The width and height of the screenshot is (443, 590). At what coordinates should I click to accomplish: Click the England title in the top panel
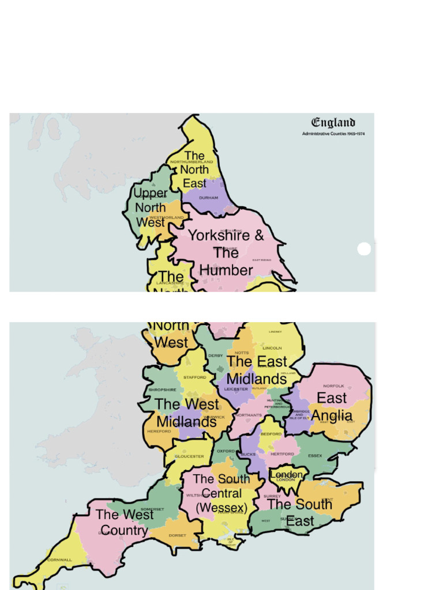[333, 123]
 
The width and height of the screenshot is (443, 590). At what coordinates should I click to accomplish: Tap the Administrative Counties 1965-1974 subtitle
[333, 134]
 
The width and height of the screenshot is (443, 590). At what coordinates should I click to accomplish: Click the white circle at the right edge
[364, 249]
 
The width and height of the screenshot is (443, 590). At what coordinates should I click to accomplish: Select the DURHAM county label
[208, 198]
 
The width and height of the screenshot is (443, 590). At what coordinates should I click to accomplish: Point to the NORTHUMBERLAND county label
[192, 162]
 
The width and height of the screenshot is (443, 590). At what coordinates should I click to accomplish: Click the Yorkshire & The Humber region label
[226, 252]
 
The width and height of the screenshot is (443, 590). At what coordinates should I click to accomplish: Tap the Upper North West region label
[151, 207]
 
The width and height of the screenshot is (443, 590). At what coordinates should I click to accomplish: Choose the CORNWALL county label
[59, 559]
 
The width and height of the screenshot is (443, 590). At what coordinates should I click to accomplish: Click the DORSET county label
[177, 535]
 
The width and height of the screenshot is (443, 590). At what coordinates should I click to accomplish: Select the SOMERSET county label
[152, 509]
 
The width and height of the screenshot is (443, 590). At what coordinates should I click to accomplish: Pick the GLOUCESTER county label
[189, 456]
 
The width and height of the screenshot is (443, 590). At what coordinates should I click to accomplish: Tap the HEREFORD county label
[159, 431]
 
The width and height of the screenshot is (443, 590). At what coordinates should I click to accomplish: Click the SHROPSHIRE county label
[162, 389]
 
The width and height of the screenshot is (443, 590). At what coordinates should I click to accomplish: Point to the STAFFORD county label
[194, 377]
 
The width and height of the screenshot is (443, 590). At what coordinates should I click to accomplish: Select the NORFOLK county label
[333, 385]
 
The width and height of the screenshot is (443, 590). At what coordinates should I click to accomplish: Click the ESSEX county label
[315, 455]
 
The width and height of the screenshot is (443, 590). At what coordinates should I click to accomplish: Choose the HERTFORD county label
[282, 454]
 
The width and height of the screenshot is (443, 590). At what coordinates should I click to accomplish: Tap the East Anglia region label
[332, 407]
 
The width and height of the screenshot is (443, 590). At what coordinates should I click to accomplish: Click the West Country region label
[124, 522]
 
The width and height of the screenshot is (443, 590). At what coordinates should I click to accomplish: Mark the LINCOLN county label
[272, 348]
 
